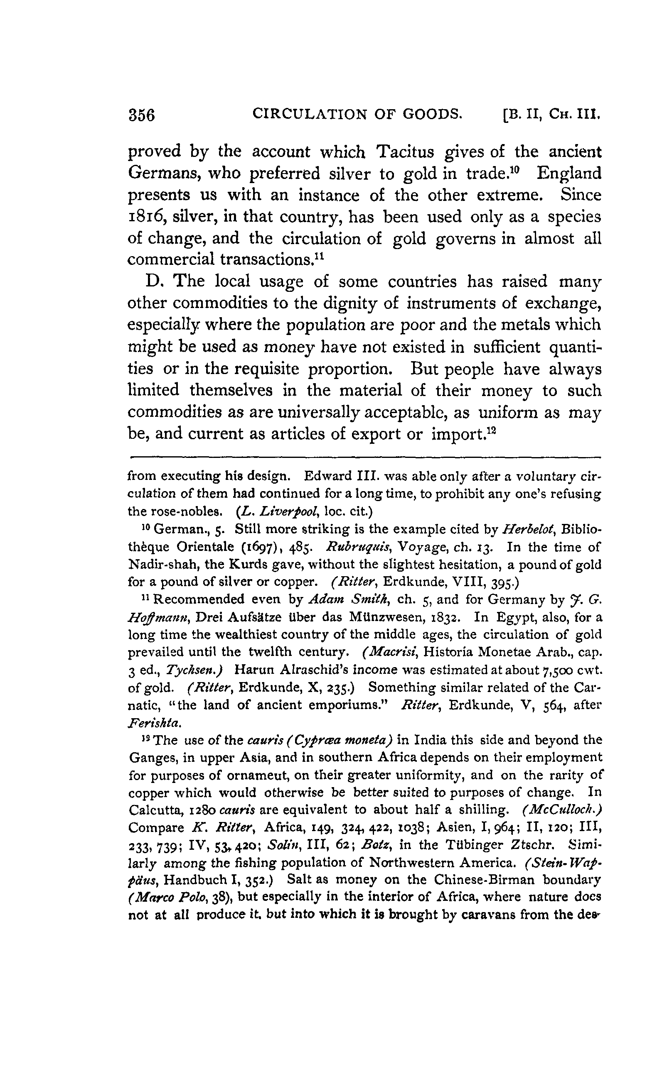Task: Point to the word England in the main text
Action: tap(569, 174)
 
